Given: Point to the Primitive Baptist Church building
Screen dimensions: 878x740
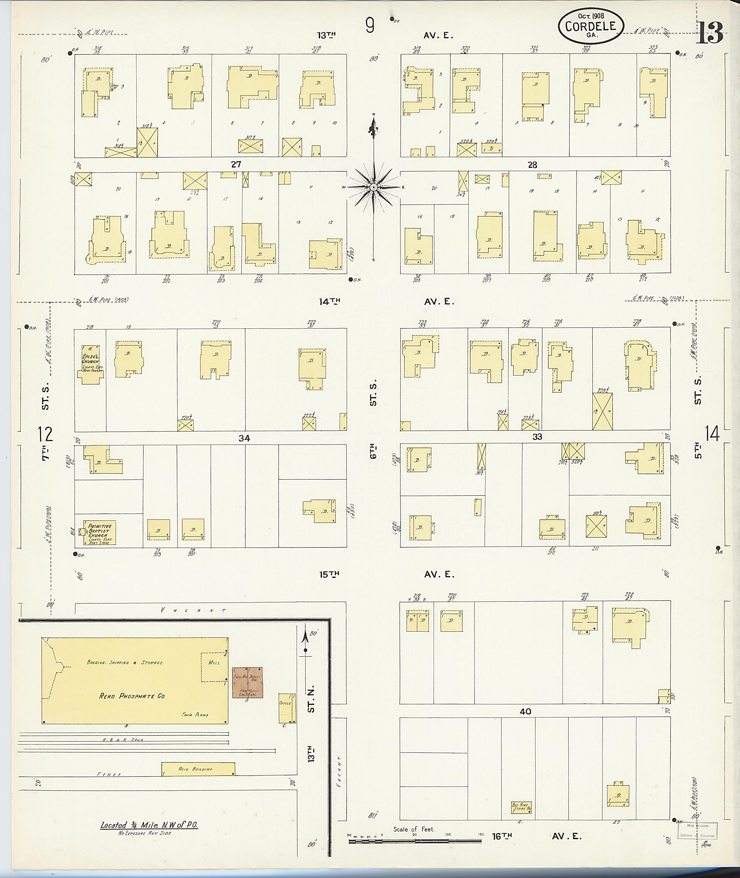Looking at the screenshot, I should [100, 533].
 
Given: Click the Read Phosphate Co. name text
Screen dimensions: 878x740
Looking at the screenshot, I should [132, 696].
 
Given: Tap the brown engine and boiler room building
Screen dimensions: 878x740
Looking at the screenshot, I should [248, 682].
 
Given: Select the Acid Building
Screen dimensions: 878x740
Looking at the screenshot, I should [198, 769].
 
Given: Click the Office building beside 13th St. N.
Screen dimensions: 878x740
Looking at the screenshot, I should [285, 708].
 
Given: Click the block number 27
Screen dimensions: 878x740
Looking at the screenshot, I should [236, 164].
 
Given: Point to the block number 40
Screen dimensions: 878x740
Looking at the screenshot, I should [525, 711].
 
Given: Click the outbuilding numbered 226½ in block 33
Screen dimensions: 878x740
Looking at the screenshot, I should [602, 411].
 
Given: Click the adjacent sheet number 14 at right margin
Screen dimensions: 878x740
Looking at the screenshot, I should [712, 433].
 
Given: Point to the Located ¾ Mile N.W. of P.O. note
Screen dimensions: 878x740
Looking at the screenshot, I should [149, 825].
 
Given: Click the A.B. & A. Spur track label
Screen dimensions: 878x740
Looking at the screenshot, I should [123, 740].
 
